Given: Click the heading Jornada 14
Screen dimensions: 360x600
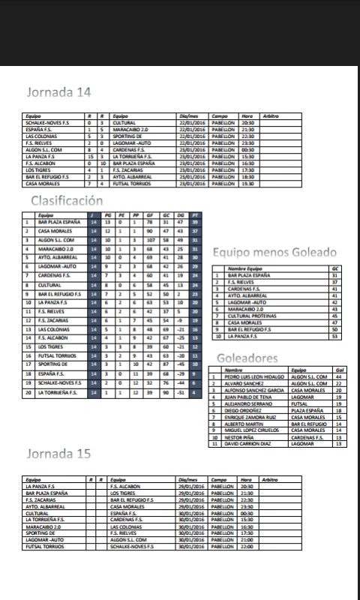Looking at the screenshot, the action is [x=59, y=93].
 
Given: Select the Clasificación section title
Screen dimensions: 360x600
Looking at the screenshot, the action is [x=77, y=200].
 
